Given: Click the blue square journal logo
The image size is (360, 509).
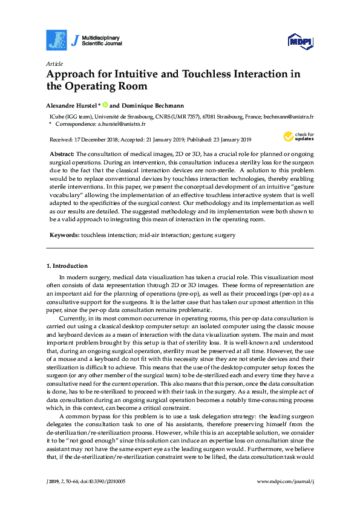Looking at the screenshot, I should pos(56,40).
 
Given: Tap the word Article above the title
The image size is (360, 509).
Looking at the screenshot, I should pos(53,63).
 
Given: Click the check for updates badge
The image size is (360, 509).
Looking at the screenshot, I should pos(298,137).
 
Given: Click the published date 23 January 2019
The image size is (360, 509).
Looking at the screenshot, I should pos(221,138).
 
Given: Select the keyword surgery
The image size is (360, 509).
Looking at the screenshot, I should pos(225,235).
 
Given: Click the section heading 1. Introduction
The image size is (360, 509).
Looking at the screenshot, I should pos(67,265).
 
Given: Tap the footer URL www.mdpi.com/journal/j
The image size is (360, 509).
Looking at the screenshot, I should pos(286,481).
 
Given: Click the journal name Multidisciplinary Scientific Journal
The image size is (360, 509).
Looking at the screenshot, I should pos(101,40).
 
